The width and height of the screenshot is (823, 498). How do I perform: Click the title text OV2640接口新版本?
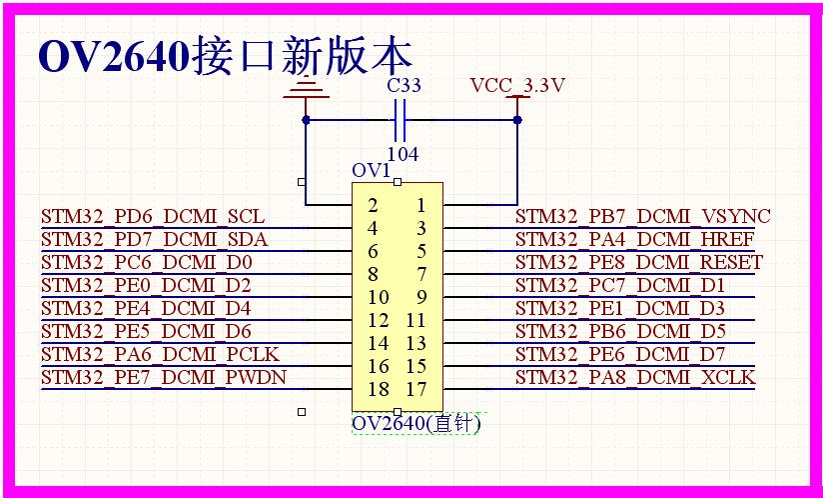pyautogui.click(x=225, y=56)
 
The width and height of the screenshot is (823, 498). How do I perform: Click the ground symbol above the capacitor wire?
pyautogui.click(x=307, y=90)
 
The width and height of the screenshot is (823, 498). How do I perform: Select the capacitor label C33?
pyautogui.click(x=404, y=85)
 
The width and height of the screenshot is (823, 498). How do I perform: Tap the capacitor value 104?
pyautogui.click(x=403, y=154)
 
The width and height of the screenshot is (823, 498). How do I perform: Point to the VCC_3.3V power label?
pyautogui.click(x=517, y=85)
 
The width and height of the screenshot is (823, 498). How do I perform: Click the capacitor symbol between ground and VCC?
pyautogui.click(x=400, y=120)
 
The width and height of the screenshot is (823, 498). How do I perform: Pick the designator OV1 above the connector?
pyautogui.click(x=372, y=171)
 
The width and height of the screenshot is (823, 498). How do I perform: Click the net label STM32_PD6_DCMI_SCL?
pyautogui.click(x=153, y=217)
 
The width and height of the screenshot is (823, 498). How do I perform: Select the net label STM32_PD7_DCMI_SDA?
pyautogui.click(x=154, y=240)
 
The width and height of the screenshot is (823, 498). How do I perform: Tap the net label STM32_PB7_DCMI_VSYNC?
pyautogui.click(x=643, y=216)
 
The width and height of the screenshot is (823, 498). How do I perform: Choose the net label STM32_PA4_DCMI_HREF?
pyautogui.click(x=634, y=240)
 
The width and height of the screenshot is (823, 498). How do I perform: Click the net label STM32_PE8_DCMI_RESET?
pyautogui.click(x=639, y=262)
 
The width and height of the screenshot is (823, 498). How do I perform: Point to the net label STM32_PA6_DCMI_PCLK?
pyautogui.click(x=160, y=355)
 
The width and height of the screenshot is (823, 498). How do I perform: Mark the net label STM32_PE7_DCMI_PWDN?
pyautogui.click(x=164, y=377)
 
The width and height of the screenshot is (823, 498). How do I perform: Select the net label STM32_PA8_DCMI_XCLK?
pyautogui.click(x=635, y=377)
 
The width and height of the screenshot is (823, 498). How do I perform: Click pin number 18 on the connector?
pyautogui.click(x=379, y=389)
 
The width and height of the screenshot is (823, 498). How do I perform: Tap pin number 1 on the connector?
pyautogui.click(x=420, y=205)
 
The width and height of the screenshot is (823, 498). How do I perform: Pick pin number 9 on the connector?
pyautogui.click(x=420, y=297)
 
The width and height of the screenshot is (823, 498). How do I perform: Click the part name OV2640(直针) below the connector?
pyautogui.click(x=415, y=423)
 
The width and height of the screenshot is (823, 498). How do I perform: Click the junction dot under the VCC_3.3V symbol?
pyautogui.click(x=517, y=120)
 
